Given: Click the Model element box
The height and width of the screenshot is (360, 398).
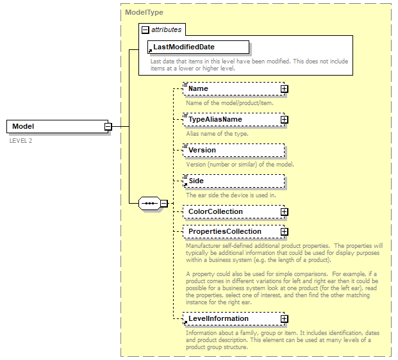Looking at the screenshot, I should (x=54, y=127).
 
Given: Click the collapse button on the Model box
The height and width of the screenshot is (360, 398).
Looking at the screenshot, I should (x=108, y=127).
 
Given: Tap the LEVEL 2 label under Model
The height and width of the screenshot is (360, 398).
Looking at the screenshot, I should (x=21, y=140).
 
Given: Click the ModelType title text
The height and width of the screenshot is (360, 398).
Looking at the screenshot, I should (x=144, y=12).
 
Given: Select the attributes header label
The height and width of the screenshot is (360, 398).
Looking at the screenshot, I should (x=165, y=29).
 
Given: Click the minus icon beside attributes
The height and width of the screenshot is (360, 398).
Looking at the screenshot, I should (x=145, y=29).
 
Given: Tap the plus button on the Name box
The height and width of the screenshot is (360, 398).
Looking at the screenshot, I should (x=284, y=89).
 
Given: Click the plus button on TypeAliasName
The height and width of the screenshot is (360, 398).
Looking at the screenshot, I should (x=284, y=120).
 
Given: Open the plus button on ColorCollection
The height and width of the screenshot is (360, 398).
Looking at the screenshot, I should (x=284, y=212).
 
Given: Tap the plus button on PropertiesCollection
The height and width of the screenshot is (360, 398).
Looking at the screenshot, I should (x=284, y=232).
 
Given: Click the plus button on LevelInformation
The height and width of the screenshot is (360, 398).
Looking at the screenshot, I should (x=284, y=319).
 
